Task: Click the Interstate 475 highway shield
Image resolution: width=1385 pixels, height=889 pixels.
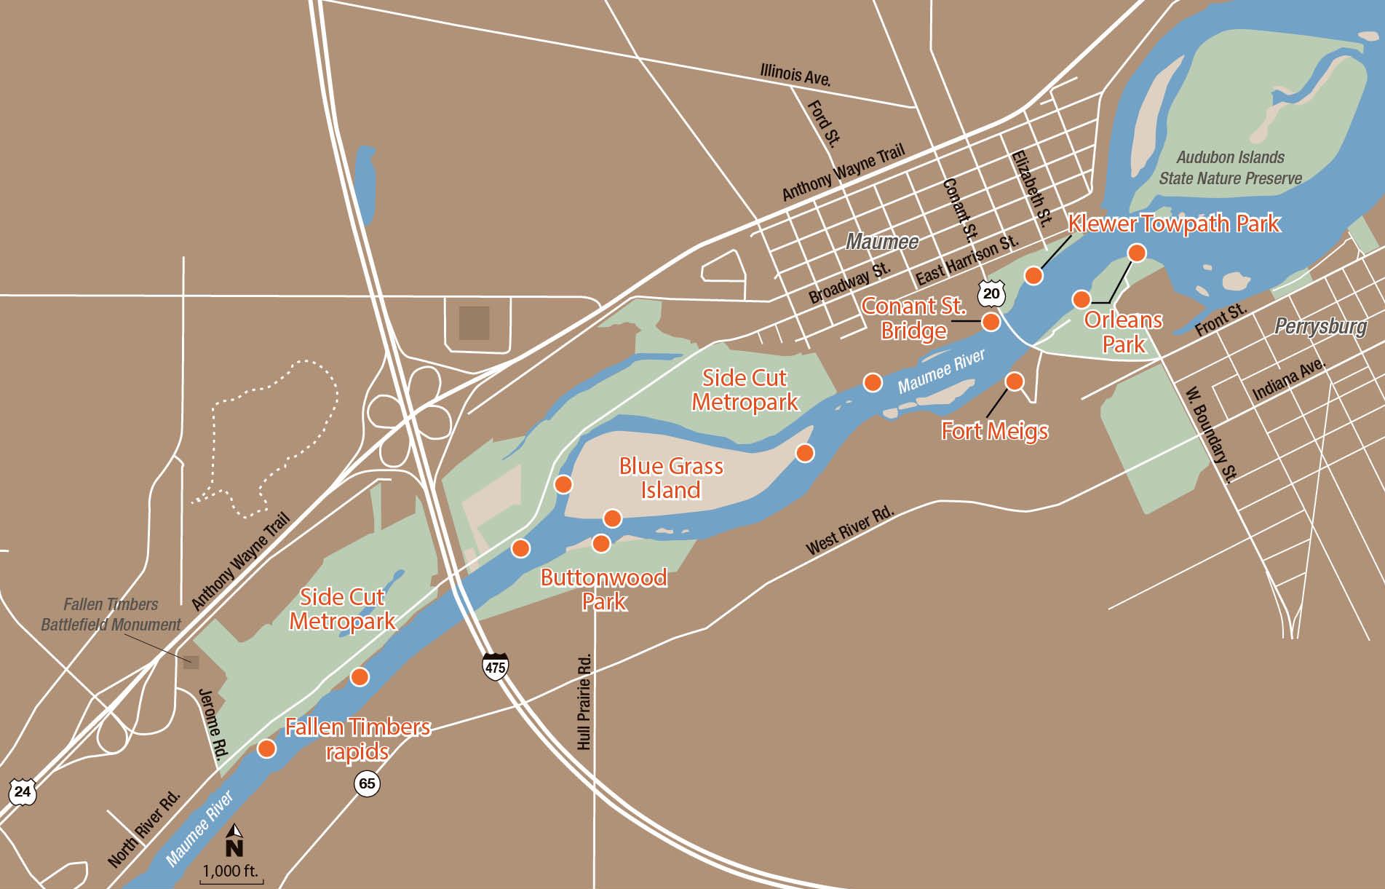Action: pyautogui.click(x=495, y=666)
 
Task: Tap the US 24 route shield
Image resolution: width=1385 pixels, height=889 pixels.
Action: pyautogui.click(x=23, y=791)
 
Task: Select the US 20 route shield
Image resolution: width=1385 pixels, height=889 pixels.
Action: pyautogui.click(x=991, y=294)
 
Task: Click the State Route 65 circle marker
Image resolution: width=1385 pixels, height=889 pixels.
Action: pyautogui.click(x=368, y=783)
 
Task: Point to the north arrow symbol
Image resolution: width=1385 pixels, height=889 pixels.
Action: pyautogui.click(x=234, y=840)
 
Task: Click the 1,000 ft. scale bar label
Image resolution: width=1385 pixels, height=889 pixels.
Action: pyautogui.click(x=231, y=871)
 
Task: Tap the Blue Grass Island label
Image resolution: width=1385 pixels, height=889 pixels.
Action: pyautogui.click(x=670, y=478)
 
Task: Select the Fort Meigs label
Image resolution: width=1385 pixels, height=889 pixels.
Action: pyautogui.click(x=994, y=430)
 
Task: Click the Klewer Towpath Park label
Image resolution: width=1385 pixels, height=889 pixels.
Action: pyautogui.click(x=1173, y=224)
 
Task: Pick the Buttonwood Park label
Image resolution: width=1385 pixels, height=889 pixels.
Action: pyautogui.click(x=603, y=589)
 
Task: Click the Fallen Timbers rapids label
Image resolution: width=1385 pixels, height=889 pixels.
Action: pyautogui.click(x=357, y=738)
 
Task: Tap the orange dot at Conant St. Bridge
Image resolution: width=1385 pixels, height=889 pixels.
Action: pyautogui.click(x=991, y=322)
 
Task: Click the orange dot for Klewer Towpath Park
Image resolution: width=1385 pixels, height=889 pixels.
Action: pyautogui.click(x=1033, y=275)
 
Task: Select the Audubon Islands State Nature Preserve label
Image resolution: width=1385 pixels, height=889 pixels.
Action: pyautogui.click(x=1230, y=167)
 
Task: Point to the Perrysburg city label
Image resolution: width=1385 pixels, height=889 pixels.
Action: pyautogui.click(x=1320, y=326)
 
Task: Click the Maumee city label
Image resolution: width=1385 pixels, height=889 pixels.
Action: pyautogui.click(x=881, y=241)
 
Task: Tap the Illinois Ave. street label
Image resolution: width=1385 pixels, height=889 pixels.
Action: pyautogui.click(x=795, y=74)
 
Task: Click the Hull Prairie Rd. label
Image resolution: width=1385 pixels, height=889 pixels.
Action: pyautogui.click(x=584, y=702)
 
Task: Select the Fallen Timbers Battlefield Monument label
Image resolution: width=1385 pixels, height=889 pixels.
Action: pyautogui.click(x=111, y=614)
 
